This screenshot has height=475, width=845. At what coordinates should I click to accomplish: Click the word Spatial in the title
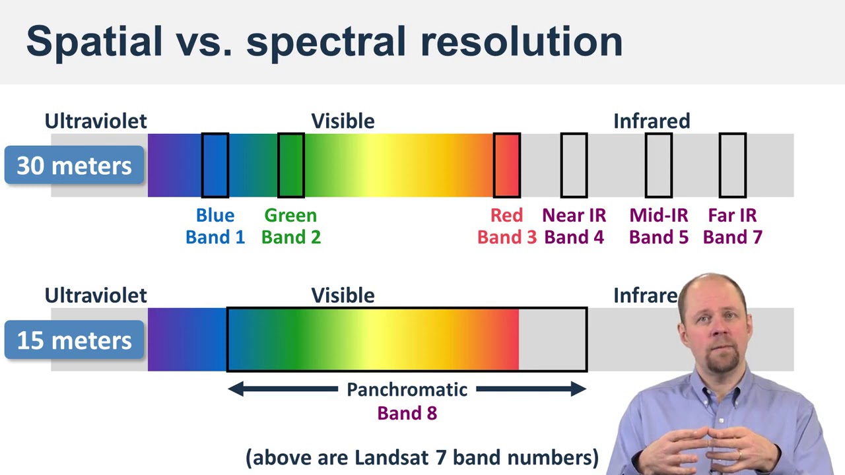tap(94, 41)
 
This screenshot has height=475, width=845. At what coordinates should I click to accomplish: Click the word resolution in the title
tap(521, 41)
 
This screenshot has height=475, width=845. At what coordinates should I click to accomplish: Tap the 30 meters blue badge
tap(74, 166)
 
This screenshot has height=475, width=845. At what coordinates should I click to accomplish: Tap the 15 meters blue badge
tap(74, 340)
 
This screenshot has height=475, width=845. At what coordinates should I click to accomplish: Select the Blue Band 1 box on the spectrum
tap(215, 166)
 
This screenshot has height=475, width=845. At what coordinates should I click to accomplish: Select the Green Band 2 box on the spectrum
tap(291, 166)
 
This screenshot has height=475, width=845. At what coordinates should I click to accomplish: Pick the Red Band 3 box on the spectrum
tap(507, 166)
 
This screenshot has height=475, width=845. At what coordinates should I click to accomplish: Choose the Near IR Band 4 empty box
tap(574, 166)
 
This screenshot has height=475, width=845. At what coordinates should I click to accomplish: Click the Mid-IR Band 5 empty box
tap(659, 166)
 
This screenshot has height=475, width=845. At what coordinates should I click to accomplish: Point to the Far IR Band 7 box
tap(733, 166)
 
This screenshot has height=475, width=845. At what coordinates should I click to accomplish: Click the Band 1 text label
tap(215, 237)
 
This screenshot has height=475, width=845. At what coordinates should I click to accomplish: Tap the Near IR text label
tap(574, 216)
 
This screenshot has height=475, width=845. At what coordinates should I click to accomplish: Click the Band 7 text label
tap(733, 237)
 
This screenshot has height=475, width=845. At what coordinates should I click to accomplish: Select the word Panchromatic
tap(407, 390)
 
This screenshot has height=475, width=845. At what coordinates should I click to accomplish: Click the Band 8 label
tap(407, 414)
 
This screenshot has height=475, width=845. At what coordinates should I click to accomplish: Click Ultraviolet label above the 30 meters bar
tap(96, 121)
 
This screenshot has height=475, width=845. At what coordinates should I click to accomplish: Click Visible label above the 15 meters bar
tap(343, 296)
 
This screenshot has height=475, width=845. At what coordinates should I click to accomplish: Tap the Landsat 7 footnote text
tap(422, 457)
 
